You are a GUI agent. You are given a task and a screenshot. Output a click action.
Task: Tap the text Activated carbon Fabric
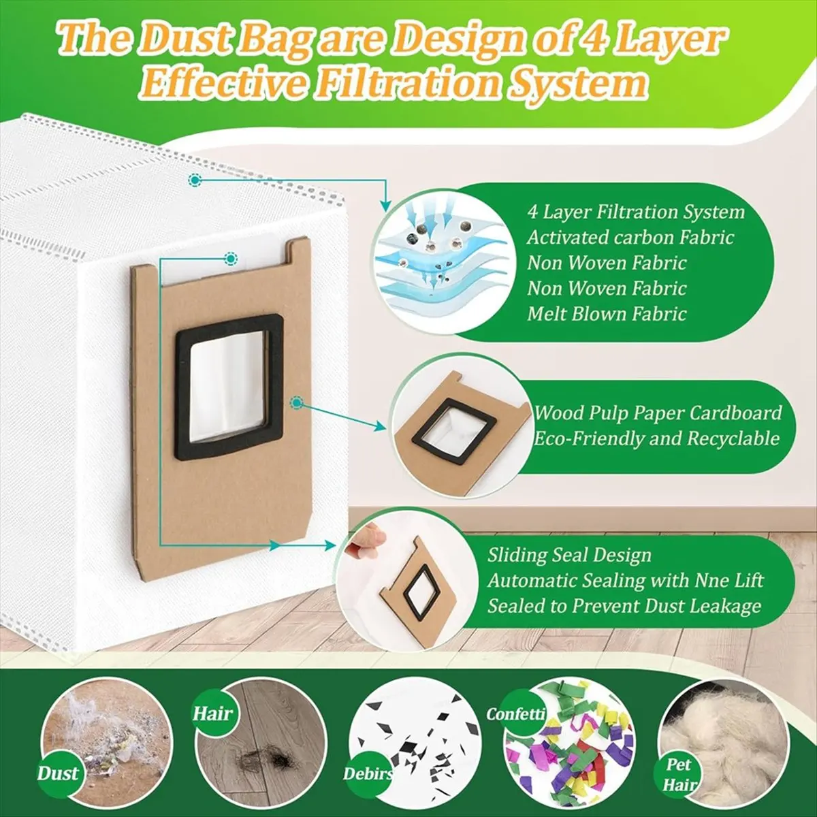point(630,237)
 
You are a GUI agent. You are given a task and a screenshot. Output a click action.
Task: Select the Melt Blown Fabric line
point(607,314)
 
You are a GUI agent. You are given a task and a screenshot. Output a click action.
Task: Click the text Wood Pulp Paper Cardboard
point(658,413)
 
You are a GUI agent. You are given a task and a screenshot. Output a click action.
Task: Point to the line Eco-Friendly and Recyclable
point(656,438)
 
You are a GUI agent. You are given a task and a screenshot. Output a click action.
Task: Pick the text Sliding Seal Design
point(569,555)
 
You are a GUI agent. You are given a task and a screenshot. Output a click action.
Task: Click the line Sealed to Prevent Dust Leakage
point(624,606)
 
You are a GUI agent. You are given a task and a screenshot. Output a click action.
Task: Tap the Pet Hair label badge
point(678,773)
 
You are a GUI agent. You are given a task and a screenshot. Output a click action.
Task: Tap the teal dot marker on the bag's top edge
point(195,180)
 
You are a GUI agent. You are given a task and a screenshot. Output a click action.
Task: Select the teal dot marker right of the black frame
point(298,402)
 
